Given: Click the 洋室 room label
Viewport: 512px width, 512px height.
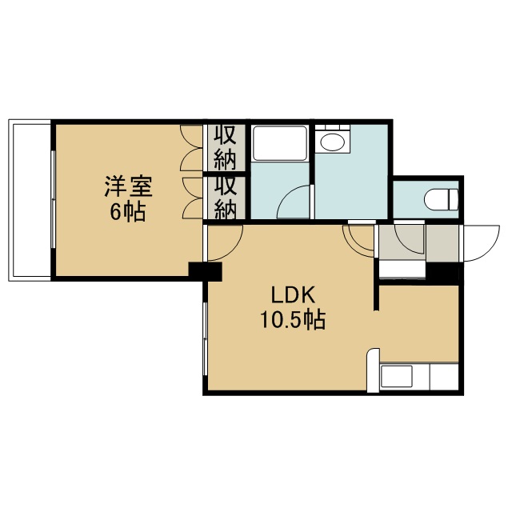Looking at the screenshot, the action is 128,186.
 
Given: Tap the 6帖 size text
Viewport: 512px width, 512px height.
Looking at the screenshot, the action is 127,213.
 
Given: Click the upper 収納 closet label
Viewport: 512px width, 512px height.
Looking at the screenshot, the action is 226,148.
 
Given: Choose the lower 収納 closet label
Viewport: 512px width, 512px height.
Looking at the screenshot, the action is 226,198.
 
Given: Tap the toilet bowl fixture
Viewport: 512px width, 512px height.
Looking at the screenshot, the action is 441,199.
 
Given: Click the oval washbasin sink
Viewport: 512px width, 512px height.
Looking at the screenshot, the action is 333,142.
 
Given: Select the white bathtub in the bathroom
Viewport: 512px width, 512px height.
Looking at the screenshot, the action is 280,143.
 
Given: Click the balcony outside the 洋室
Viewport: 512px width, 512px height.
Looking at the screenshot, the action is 30,200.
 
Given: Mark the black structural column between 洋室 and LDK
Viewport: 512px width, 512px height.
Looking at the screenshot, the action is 206,271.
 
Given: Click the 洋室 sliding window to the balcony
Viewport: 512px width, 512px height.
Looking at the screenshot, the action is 53,199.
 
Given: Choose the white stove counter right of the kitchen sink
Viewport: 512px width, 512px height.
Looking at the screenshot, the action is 445,377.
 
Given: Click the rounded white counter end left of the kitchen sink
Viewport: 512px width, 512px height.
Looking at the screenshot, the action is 374,370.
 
